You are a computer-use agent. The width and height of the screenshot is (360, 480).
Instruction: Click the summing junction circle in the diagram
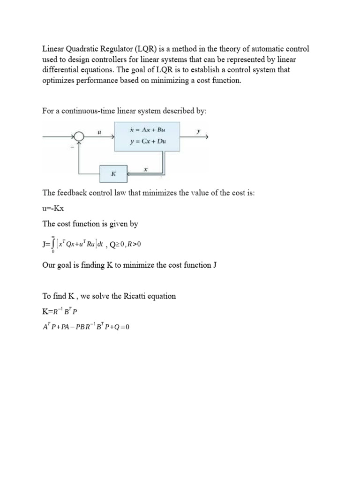pyautogui.click(x=79, y=136)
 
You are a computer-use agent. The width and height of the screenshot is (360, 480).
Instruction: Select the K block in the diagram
pyautogui.click(x=113, y=173)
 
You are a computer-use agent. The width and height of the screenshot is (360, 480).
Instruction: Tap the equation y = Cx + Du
pyautogui.click(x=148, y=141)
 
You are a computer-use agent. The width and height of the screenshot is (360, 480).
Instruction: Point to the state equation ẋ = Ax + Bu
pyautogui.click(x=148, y=129)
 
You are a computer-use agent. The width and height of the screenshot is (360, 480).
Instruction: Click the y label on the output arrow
pyautogui.click(x=198, y=132)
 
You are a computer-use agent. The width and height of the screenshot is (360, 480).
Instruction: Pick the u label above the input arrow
pyautogui.click(x=99, y=132)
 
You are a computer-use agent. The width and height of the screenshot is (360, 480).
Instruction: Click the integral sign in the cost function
pyautogui.click(x=53, y=244)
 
